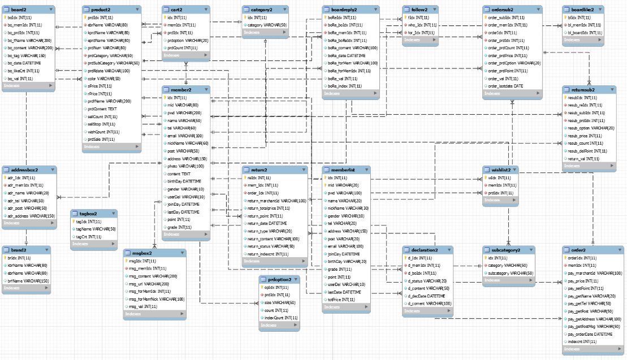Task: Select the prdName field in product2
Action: [x=102, y=101]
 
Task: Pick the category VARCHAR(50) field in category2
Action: [x=267, y=25]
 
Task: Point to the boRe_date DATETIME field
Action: [x=346, y=56]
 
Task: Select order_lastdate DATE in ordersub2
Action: [x=505, y=86]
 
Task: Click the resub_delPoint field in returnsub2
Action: [x=587, y=151]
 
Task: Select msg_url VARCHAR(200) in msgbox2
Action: [x=149, y=284]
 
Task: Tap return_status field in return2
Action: [x=271, y=246]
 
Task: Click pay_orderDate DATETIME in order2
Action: [x=590, y=334]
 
